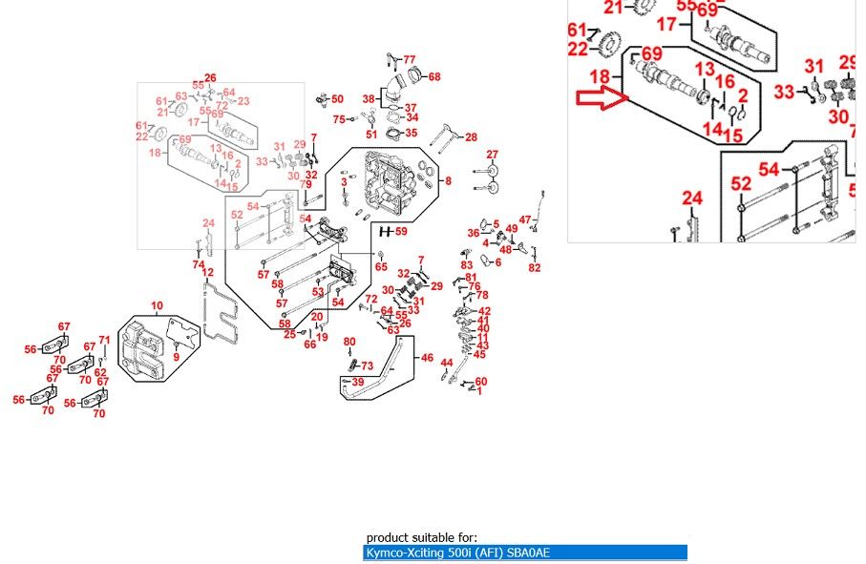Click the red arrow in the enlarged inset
coord(600,98)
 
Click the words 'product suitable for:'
coord(422,538)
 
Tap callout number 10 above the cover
coord(157,305)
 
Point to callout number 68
coord(434,76)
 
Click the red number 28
coord(471,137)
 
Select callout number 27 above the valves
coord(492,155)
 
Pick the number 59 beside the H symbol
coord(401,232)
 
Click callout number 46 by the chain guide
coord(427,359)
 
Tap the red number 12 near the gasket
coord(207,274)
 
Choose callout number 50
coord(337,99)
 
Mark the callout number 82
coord(534,267)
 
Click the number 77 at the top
coord(409,59)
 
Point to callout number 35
coord(412,133)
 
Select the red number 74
coord(199,264)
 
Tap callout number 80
coord(349,342)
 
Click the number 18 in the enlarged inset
coord(600,76)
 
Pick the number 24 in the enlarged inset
coord(692,198)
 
